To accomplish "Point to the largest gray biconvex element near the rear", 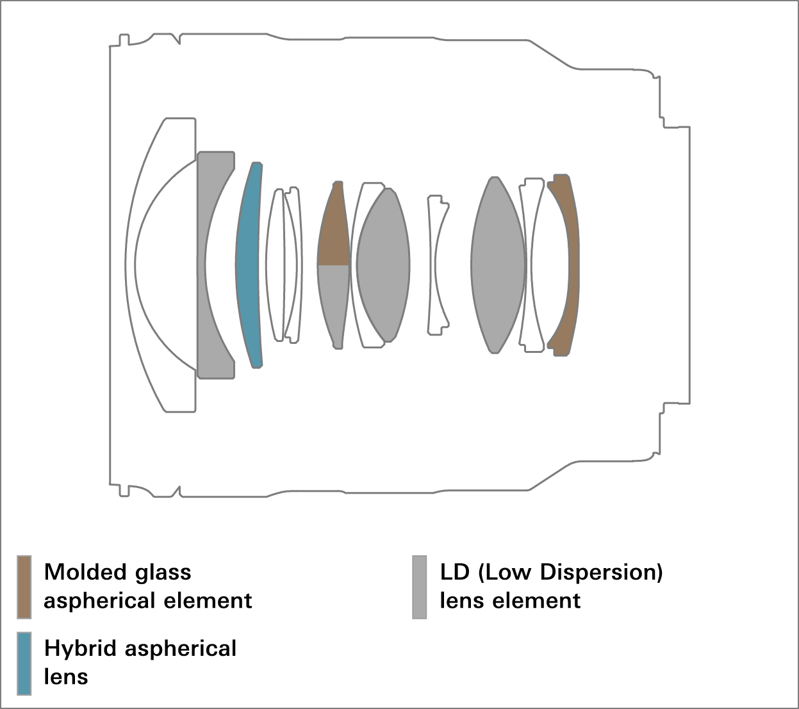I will (498, 265).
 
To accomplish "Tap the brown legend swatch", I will (24, 587).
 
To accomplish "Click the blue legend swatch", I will (24, 663).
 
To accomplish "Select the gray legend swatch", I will (419, 587).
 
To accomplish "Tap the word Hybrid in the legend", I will (81, 649).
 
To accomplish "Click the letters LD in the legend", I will (454, 572).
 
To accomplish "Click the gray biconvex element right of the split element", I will (383, 265).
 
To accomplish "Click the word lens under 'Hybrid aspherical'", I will (66, 676).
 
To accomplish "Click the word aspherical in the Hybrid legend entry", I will (180, 649).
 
